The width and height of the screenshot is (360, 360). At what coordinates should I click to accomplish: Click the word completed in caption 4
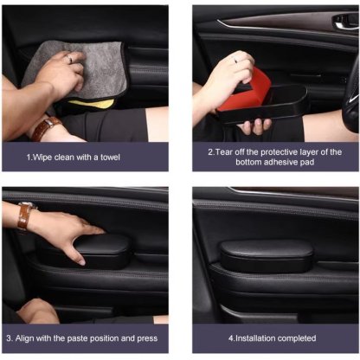297,337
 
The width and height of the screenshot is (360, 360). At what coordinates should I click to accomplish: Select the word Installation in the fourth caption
254,337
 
